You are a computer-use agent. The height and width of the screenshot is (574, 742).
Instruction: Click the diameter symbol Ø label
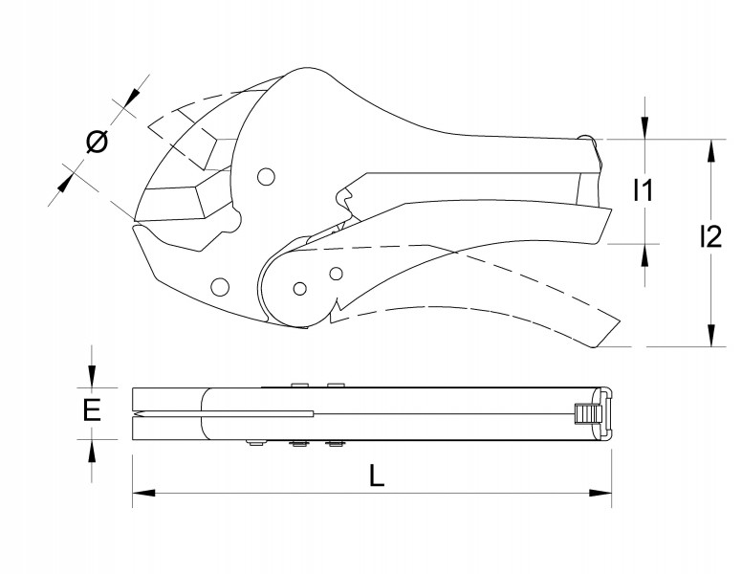coord(98,142)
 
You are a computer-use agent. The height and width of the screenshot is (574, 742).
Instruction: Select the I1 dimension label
coord(644,190)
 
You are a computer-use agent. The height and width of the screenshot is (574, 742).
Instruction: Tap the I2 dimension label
coord(710,237)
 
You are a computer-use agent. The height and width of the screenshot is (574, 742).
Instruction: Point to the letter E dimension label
coord(92,410)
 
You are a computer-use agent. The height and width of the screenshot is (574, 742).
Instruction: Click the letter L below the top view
coord(376,475)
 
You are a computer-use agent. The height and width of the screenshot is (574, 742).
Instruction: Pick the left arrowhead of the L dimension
coord(143,493)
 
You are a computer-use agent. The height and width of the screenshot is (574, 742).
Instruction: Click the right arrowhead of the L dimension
coord(600,493)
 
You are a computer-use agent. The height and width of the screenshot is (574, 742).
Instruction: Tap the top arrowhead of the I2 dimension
coord(711,151)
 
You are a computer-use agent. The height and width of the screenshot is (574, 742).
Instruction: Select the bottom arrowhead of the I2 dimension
coord(711,335)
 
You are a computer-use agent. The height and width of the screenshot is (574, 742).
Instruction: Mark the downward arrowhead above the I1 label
coord(644,128)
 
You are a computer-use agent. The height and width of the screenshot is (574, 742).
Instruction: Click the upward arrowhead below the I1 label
coord(644,255)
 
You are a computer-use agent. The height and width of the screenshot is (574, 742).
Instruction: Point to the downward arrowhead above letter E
coord(92,376)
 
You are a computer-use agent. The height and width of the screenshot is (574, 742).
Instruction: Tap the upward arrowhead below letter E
coord(92,451)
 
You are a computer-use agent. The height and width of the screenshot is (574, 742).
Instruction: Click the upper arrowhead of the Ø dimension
coord(132,99)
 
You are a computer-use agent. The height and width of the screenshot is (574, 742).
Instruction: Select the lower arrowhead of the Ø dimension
coord(65,183)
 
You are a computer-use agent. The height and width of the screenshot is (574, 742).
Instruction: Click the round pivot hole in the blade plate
coord(267,177)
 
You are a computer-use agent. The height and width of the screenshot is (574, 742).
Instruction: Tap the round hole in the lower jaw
coord(220,287)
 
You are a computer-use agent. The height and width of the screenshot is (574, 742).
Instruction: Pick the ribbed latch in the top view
coord(584,414)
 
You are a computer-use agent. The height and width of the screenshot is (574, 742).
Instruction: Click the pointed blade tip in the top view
coord(137,415)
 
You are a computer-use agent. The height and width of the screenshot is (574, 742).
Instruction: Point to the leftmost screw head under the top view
coord(255,443)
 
